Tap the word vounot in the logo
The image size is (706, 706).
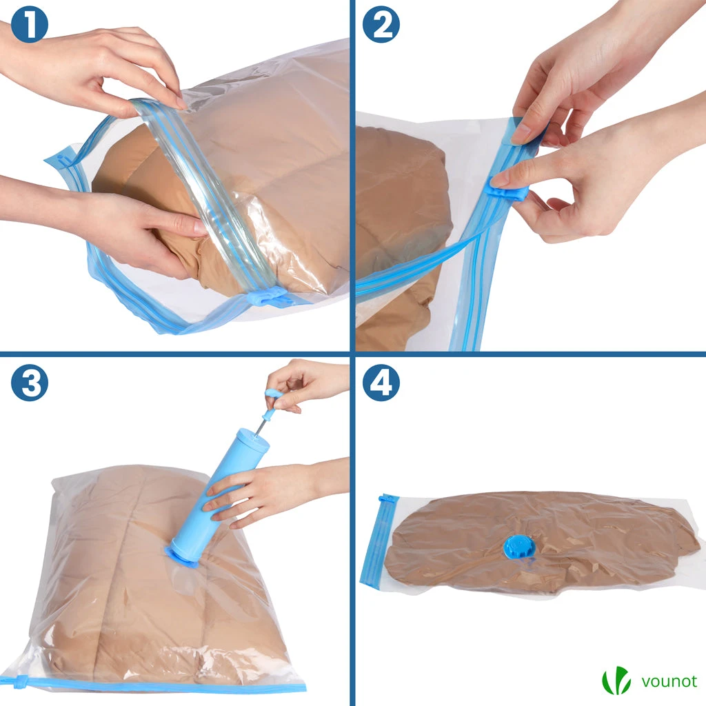click(669, 682)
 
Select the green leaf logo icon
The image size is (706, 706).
click(616, 680)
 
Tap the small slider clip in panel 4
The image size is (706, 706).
click(388, 498)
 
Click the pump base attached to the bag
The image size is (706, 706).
click(181, 554)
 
